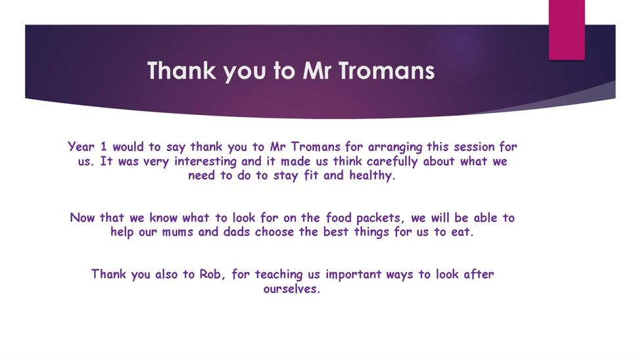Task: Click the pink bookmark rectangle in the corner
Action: [x=567, y=30]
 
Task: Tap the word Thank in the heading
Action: [x=181, y=70]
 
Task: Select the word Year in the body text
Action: [x=81, y=146]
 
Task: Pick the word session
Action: [x=473, y=146]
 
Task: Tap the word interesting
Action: [x=205, y=162]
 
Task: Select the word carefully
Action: [x=392, y=162]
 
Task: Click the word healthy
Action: [x=372, y=175]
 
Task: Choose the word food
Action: [x=339, y=217]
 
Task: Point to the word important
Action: [x=353, y=275]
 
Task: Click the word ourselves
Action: [x=291, y=288]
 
